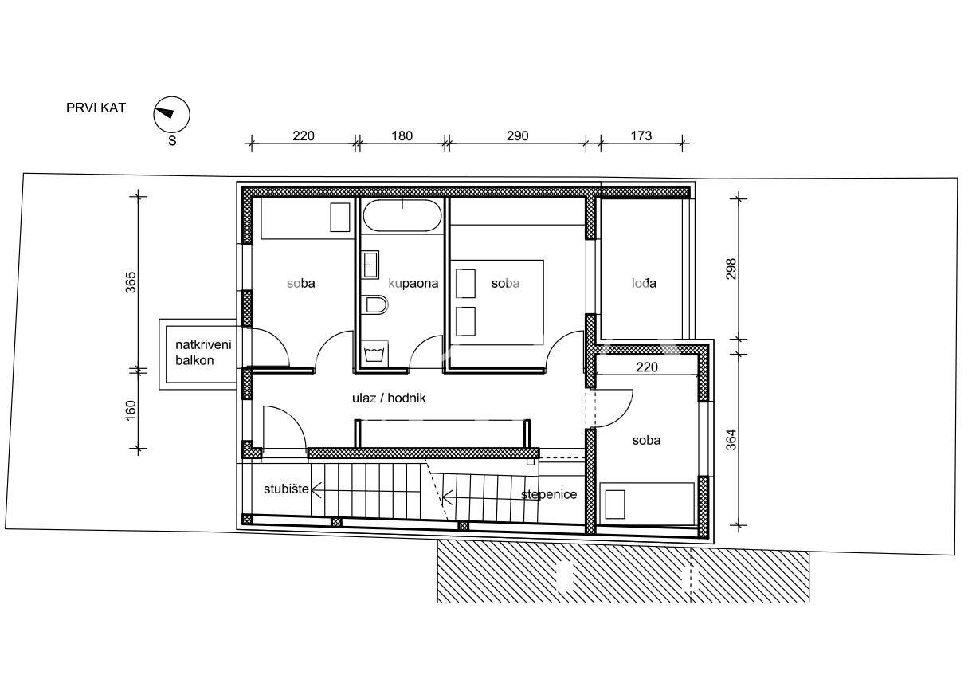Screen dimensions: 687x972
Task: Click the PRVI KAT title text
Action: [x=96, y=108]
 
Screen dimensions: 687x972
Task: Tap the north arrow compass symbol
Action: [x=171, y=114]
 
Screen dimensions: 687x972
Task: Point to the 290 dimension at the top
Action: [x=517, y=136]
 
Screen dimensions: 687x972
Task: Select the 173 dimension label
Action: [x=641, y=136]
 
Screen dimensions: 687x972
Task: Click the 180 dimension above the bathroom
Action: [x=402, y=136]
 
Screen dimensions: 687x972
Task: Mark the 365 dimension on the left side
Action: [x=131, y=282]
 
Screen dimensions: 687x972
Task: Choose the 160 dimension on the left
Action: [x=131, y=410]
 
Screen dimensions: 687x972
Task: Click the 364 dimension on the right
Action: [x=731, y=440]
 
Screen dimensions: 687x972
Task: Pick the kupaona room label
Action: [x=413, y=283]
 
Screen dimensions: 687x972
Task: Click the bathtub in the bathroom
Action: [x=402, y=215]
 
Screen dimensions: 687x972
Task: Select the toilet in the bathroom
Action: [x=374, y=306]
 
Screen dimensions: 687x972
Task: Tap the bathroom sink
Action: [x=371, y=264]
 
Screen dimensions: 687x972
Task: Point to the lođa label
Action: [x=644, y=283]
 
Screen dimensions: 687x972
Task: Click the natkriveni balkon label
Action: [x=204, y=352]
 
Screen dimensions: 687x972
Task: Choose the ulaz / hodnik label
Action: [x=388, y=398]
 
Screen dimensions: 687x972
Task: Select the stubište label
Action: [x=286, y=488]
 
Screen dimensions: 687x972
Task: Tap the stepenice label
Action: [x=549, y=494]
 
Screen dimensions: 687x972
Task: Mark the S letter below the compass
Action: [x=171, y=142]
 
